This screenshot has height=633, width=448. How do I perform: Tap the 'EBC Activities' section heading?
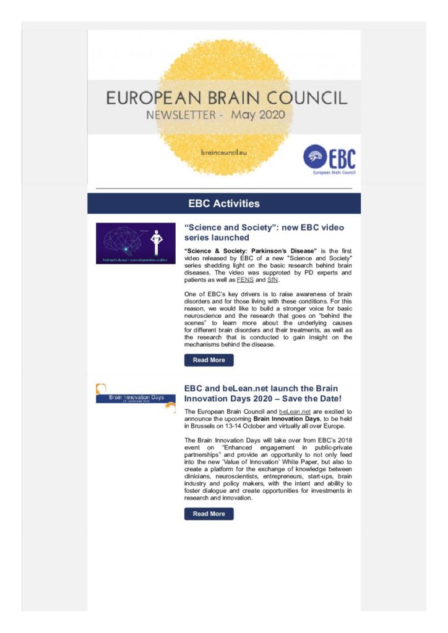click(224, 203)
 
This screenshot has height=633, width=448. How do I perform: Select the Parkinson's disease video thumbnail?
click(136, 244)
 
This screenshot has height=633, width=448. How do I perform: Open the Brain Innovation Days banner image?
click(136, 397)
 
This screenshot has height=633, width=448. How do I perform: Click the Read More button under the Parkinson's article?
click(209, 360)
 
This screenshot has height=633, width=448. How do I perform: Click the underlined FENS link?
click(246, 280)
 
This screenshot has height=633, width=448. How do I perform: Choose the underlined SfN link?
click(272, 280)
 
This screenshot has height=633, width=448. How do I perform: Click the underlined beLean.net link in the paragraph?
click(295, 411)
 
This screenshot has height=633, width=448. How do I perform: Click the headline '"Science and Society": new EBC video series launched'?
click(264, 232)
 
